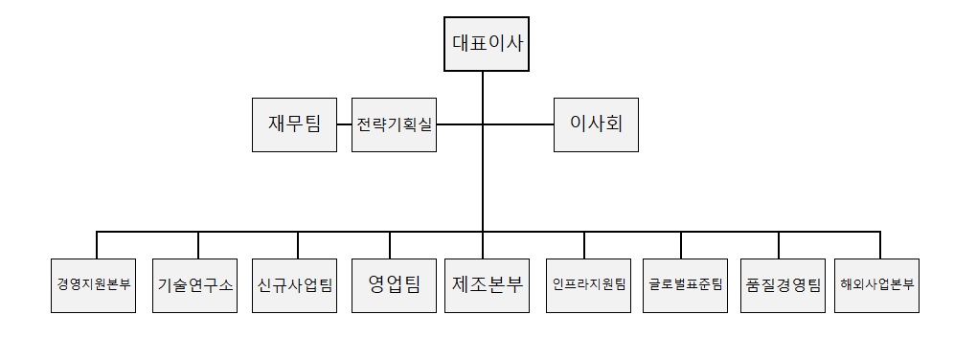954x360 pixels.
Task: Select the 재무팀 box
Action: coord(294,124)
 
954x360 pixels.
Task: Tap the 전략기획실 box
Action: coord(395,124)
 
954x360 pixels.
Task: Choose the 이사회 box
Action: coord(596,124)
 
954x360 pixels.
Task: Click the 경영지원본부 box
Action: coord(95,284)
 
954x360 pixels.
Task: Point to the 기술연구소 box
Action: coord(195,284)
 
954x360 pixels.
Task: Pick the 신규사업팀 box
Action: coord(294,284)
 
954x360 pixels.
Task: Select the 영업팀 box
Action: coord(394,284)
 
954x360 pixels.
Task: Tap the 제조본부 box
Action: coord(487,284)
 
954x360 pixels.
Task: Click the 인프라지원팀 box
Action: coord(588,284)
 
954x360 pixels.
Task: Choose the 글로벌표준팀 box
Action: coord(685,284)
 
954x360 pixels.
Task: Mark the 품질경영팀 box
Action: coord(782,284)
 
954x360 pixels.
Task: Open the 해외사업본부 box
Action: coord(876,284)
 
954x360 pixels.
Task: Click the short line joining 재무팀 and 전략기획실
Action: coord(344,124)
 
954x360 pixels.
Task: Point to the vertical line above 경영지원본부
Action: coord(97,244)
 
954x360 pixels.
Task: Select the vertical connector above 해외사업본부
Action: coord(879,244)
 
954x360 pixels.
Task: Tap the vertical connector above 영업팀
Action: coord(390,244)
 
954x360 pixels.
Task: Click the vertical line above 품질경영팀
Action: coord(779,244)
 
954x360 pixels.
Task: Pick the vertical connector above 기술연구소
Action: coord(198,244)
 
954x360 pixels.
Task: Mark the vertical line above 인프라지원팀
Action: coord(584,244)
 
